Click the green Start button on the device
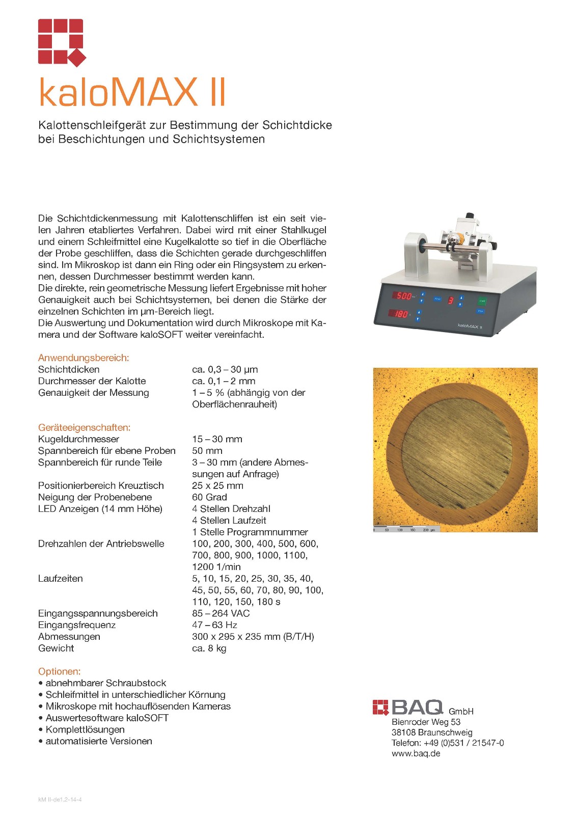[x=482, y=301]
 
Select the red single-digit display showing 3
[x=450, y=301]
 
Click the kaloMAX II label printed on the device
[x=470, y=326]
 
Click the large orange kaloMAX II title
[x=132, y=92]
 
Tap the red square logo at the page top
[x=62, y=42]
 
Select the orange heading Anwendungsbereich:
[x=84, y=358]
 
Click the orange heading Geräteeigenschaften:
[x=84, y=427]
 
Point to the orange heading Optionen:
[x=59, y=671]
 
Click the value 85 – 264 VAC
[x=221, y=613]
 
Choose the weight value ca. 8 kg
[x=209, y=648]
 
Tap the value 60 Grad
[x=210, y=497]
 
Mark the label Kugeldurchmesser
[x=78, y=439]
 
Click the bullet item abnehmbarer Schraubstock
[x=106, y=683]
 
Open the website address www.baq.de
[x=416, y=753]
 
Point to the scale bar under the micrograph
[x=404, y=530]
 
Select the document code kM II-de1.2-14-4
[x=60, y=799]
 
